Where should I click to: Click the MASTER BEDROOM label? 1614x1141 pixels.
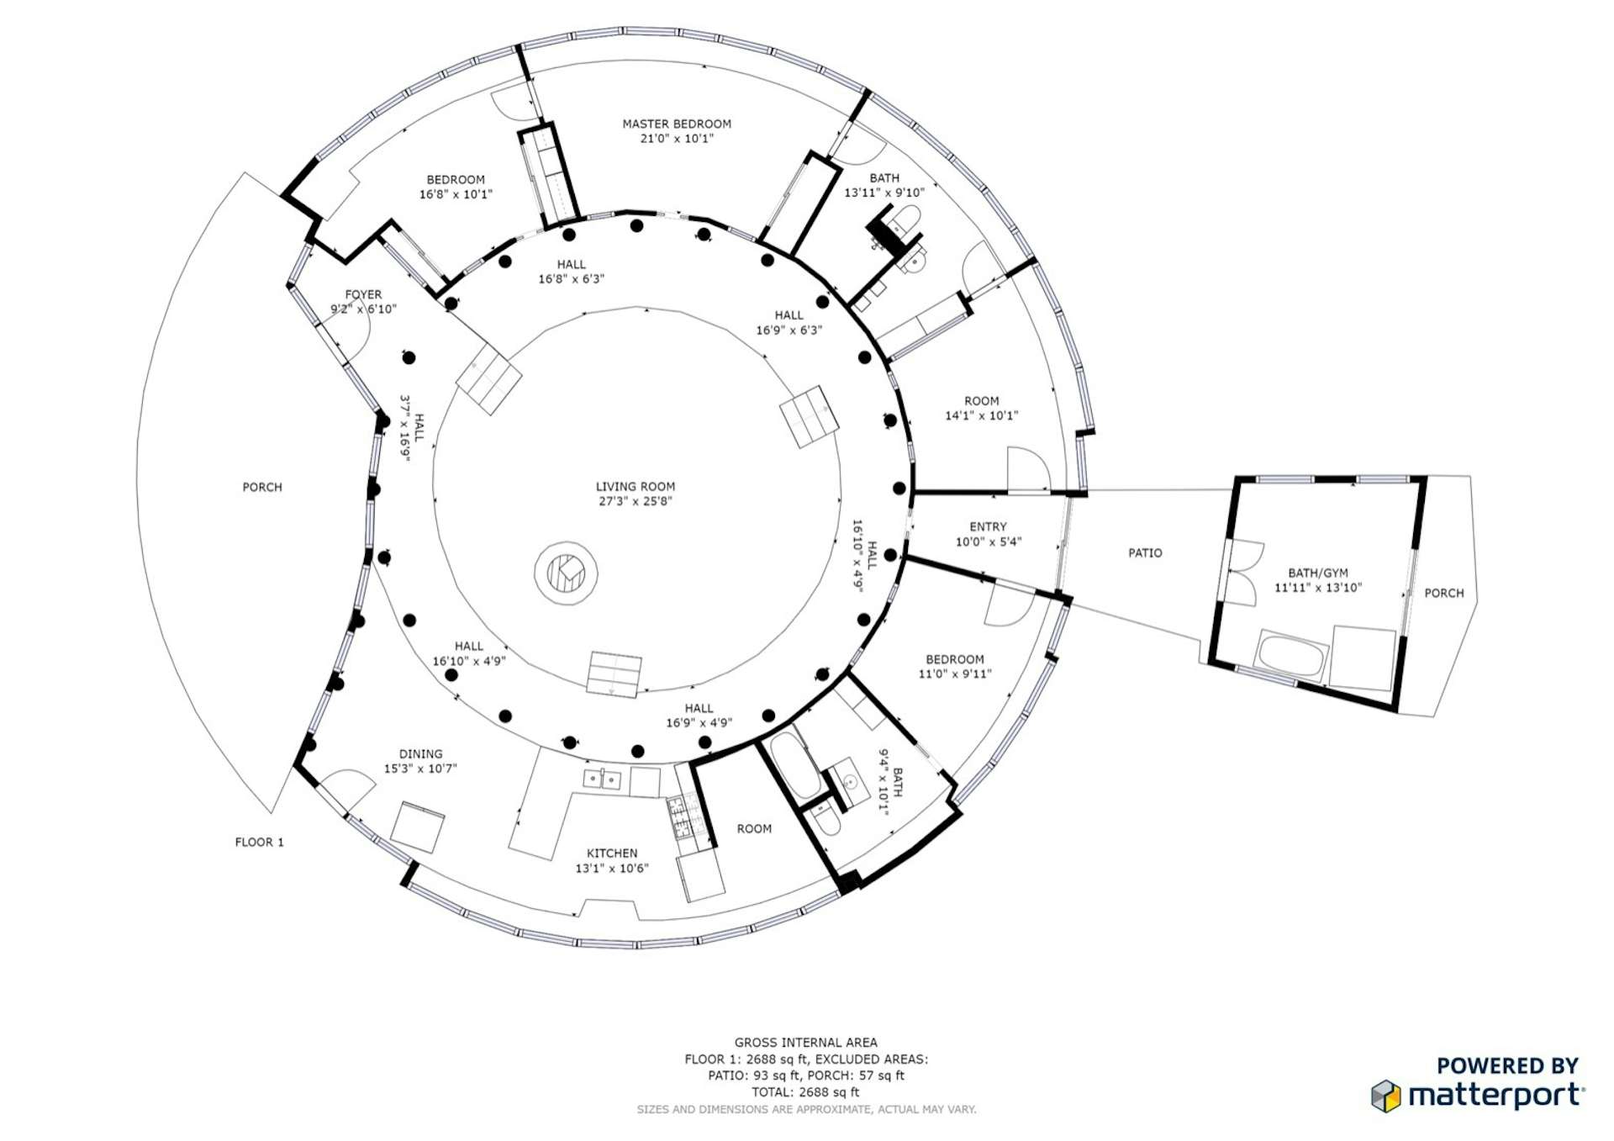pyautogui.click(x=676, y=124)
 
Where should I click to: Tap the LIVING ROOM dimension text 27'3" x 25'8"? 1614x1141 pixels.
pyautogui.click(x=635, y=501)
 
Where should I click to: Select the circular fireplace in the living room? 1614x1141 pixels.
pyautogui.click(x=566, y=573)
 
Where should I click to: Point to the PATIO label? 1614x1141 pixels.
pyautogui.click(x=1145, y=552)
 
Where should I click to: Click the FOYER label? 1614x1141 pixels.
pyautogui.click(x=363, y=294)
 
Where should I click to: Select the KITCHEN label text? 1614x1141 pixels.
pyautogui.click(x=612, y=853)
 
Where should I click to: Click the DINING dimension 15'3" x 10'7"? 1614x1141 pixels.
pyautogui.click(x=420, y=769)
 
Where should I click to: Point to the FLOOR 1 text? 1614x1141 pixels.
pyautogui.click(x=259, y=842)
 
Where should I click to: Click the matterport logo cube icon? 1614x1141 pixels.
pyautogui.click(x=1385, y=1096)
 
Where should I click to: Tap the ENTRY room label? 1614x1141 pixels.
pyautogui.click(x=988, y=527)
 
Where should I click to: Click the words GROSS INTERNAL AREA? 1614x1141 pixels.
pyautogui.click(x=805, y=1043)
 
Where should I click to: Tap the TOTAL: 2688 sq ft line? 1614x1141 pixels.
pyautogui.click(x=805, y=1092)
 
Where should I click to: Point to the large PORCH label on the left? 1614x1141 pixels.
pyautogui.click(x=262, y=487)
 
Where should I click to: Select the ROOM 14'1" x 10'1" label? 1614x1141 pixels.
pyautogui.click(x=981, y=401)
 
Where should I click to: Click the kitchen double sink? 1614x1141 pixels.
pyautogui.click(x=602, y=779)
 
